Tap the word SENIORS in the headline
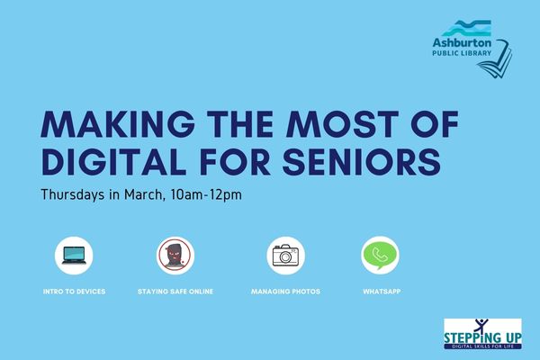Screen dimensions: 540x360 362,161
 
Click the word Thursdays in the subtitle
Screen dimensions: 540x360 73,194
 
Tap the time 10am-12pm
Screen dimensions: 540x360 206,194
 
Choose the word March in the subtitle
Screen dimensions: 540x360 142,194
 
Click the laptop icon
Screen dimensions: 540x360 74,256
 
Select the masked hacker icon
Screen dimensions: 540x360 175,256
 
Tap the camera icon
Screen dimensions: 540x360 285,256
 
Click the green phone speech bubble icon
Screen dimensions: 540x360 380,256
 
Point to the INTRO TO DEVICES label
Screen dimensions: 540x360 74,292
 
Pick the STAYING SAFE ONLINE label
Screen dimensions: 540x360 175,292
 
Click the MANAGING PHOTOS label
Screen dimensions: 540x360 285,292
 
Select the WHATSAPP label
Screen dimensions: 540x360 382,292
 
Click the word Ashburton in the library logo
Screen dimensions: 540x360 462,43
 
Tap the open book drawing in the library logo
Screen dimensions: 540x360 494,62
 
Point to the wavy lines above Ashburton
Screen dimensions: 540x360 466,28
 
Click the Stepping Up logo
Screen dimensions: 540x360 482,334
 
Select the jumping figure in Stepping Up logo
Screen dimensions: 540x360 481,326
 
